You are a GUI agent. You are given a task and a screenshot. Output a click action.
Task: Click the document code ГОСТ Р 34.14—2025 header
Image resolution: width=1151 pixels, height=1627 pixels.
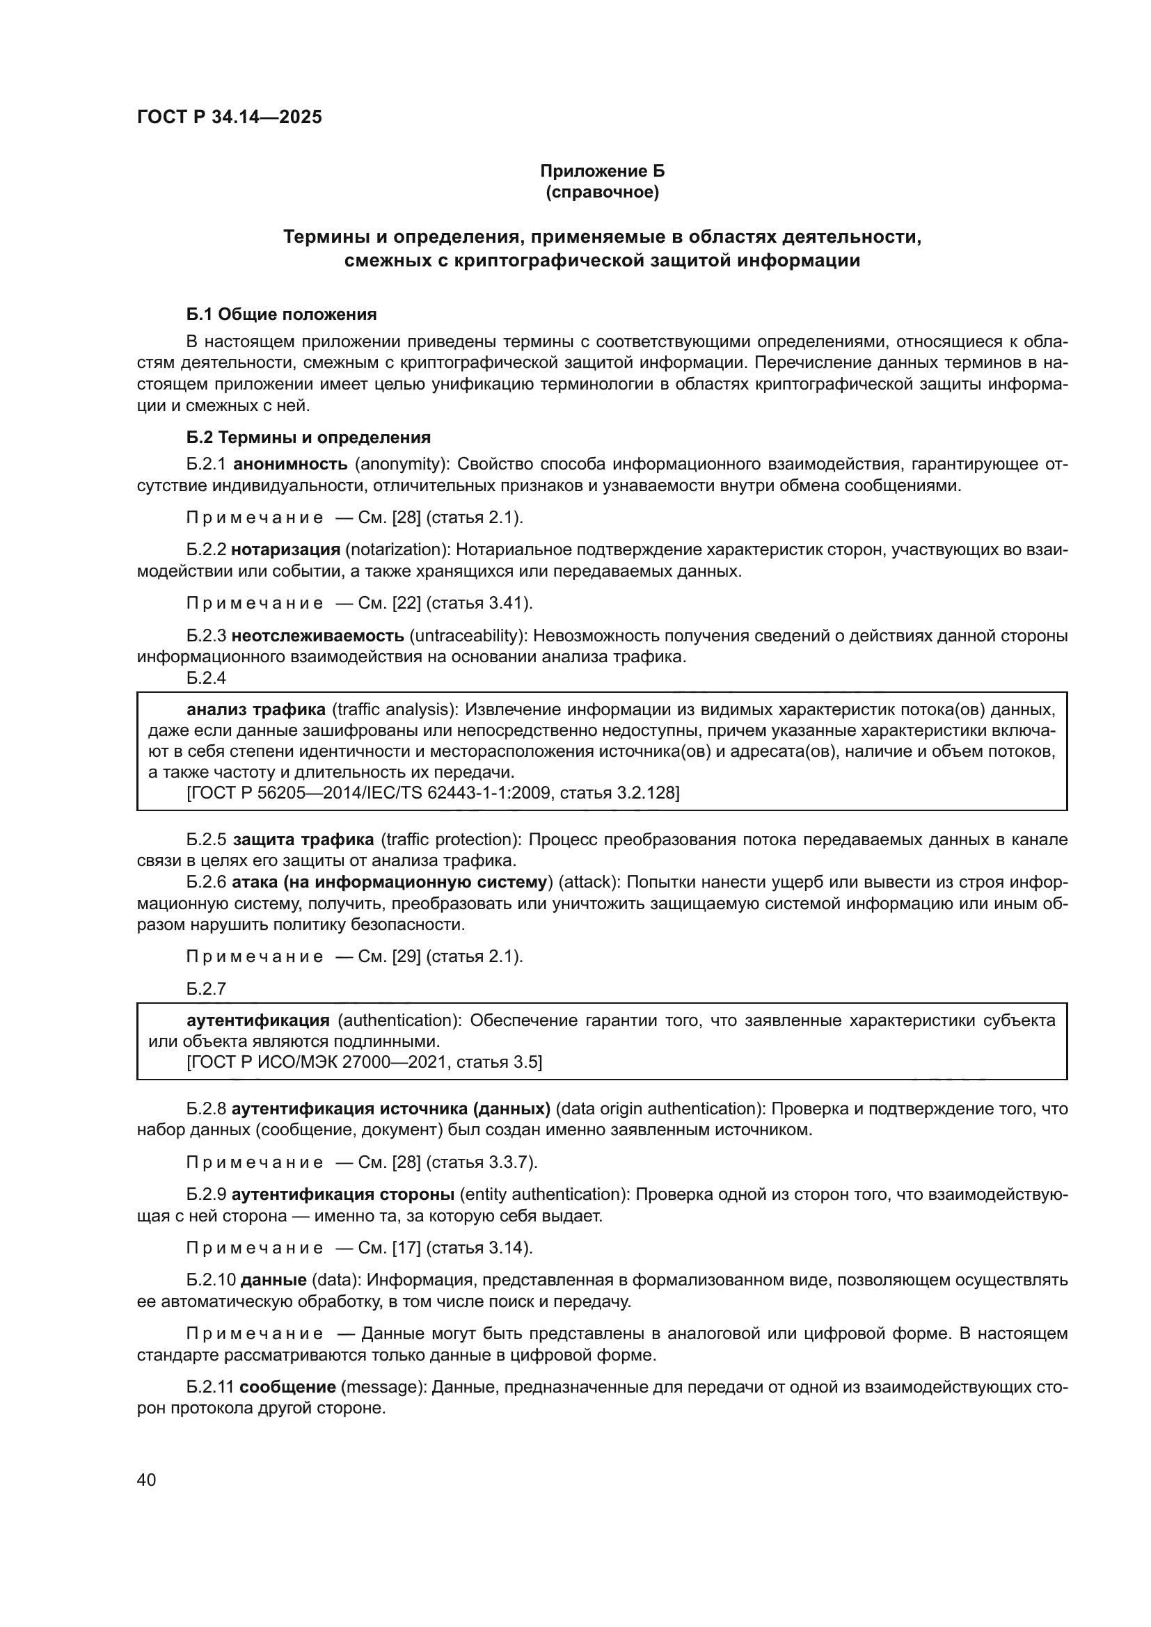(229, 118)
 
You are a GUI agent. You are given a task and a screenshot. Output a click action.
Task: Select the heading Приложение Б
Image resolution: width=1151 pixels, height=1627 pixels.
(602, 172)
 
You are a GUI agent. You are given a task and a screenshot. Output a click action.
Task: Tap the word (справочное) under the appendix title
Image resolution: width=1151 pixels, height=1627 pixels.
(602, 193)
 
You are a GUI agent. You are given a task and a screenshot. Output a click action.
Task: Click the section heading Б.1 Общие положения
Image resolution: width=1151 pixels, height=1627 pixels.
(281, 314)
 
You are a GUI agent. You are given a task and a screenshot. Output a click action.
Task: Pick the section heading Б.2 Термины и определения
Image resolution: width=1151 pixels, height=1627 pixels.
(308, 438)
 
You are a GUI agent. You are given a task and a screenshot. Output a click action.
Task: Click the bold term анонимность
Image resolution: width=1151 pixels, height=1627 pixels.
(290, 464)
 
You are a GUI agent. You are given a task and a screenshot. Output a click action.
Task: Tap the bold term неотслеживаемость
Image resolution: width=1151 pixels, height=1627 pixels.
(317, 635)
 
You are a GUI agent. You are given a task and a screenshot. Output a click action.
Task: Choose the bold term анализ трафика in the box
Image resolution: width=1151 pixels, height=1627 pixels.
(256, 710)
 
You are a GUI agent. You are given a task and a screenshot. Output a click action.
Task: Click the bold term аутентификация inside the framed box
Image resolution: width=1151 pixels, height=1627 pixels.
(258, 1020)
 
